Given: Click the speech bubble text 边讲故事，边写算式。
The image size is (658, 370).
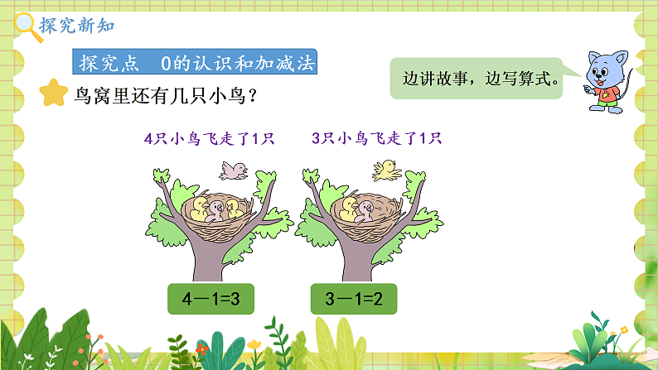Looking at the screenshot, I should click(479, 80).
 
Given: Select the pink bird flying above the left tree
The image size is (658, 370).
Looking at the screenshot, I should click(232, 170).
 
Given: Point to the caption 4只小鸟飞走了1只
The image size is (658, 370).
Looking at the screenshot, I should click(209, 138).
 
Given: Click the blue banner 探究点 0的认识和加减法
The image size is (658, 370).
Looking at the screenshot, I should click(195, 63).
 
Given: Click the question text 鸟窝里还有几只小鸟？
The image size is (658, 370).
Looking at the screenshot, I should click(166, 94).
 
